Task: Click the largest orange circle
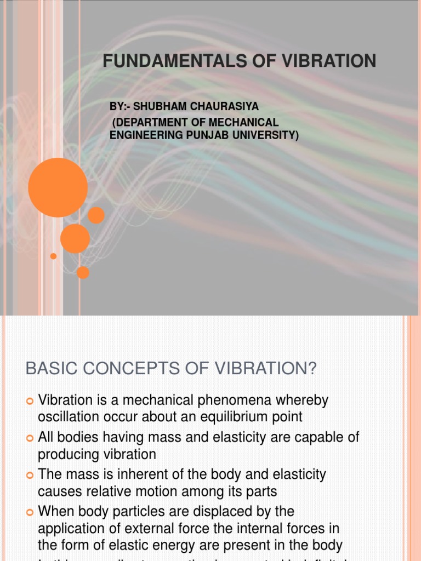coord(58,187)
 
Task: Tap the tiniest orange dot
coord(53,256)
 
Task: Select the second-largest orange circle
coord(75,238)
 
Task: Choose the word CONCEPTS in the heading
coord(122,369)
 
